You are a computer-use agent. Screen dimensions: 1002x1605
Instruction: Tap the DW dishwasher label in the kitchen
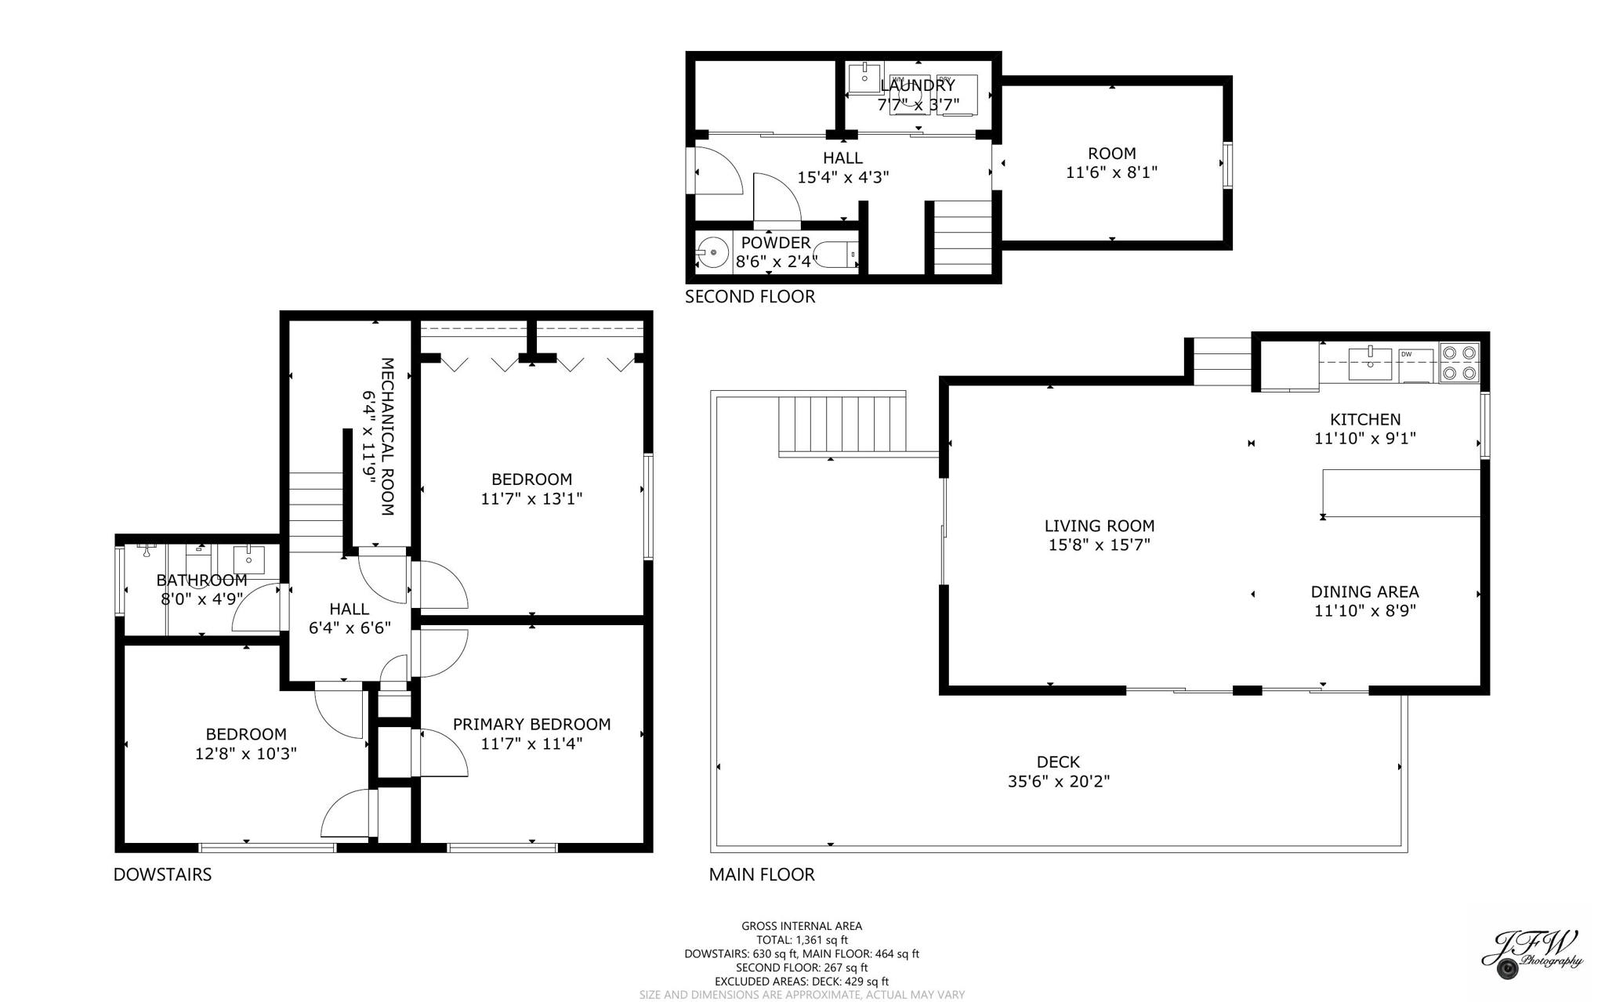tap(1407, 355)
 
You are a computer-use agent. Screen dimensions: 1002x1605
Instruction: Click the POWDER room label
tap(776, 243)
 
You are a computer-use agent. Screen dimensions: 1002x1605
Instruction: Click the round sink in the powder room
tap(712, 252)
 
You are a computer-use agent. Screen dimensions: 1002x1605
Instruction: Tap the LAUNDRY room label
tap(918, 85)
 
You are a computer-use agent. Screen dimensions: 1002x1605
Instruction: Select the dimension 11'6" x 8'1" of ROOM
tap(1111, 172)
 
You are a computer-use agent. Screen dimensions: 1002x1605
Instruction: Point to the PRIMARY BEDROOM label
tap(531, 725)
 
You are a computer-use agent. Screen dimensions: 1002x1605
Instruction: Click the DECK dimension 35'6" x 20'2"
tap(1058, 781)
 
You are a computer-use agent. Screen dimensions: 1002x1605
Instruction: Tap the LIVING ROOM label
tap(1099, 526)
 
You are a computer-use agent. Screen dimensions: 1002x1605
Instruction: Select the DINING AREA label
tap(1364, 591)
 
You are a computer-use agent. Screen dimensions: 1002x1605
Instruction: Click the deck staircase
tap(842, 424)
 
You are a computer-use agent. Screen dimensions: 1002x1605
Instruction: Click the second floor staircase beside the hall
tap(962, 237)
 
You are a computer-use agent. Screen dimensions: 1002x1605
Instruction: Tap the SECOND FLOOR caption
tap(750, 297)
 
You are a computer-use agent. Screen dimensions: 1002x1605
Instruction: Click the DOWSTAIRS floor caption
tap(162, 874)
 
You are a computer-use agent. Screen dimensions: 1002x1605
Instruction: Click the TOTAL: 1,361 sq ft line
tap(802, 940)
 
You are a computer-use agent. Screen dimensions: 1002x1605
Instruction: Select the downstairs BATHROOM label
tap(201, 581)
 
